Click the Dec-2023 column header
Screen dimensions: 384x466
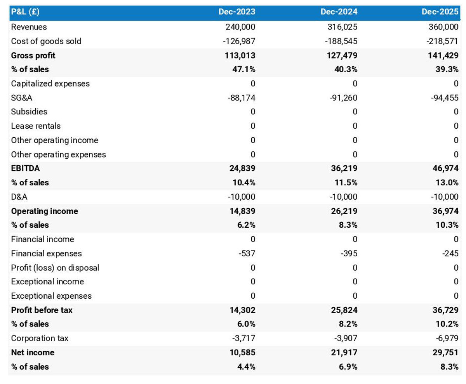(x=237, y=12)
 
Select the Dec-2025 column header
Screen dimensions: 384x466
(x=440, y=12)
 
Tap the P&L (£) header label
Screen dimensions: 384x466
(x=25, y=12)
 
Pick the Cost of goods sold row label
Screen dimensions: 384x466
(x=46, y=41)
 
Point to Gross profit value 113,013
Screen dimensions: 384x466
(x=240, y=55)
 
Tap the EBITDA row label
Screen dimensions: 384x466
(x=25, y=168)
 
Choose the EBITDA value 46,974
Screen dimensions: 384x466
(x=445, y=168)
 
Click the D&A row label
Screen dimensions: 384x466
(x=19, y=197)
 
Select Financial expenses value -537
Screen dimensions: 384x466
(x=247, y=253)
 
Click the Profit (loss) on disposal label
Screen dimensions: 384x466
(x=55, y=268)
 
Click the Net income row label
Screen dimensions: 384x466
(x=33, y=352)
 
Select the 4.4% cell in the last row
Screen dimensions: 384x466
(x=246, y=367)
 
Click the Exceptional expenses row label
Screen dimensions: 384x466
(x=51, y=296)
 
